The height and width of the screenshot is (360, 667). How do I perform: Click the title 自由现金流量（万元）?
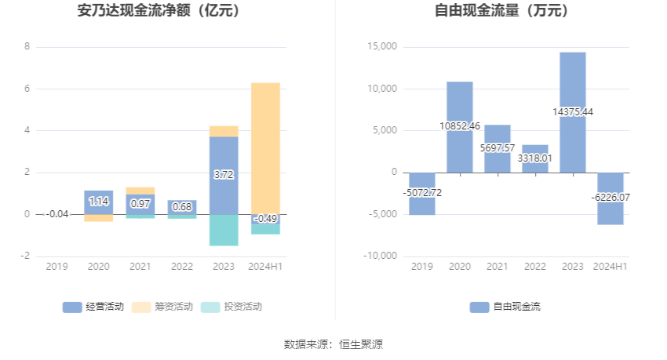(501, 11)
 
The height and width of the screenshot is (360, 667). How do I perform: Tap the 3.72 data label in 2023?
(224, 174)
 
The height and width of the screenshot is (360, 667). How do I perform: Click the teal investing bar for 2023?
(224, 230)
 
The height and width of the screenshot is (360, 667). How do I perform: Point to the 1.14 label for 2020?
(99, 202)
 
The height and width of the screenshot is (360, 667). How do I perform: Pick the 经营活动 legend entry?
(93, 307)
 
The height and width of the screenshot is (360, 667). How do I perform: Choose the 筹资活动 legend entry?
(162, 307)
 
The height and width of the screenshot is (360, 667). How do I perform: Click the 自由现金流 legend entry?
(505, 307)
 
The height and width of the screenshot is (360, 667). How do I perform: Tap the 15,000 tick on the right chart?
(382, 47)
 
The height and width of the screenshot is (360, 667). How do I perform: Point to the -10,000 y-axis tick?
(381, 256)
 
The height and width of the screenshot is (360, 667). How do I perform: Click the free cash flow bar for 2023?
(573, 112)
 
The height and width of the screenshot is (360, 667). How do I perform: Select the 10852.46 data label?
(460, 125)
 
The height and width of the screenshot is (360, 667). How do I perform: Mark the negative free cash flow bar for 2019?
(422, 194)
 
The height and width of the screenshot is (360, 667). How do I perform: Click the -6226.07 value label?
(610, 198)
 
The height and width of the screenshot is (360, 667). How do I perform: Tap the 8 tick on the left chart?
(27, 47)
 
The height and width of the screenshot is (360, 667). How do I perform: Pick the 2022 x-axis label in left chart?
(181, 267)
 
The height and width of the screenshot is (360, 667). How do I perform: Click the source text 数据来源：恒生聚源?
(333, 344)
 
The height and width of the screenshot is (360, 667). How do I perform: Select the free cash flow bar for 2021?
(498, 148)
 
